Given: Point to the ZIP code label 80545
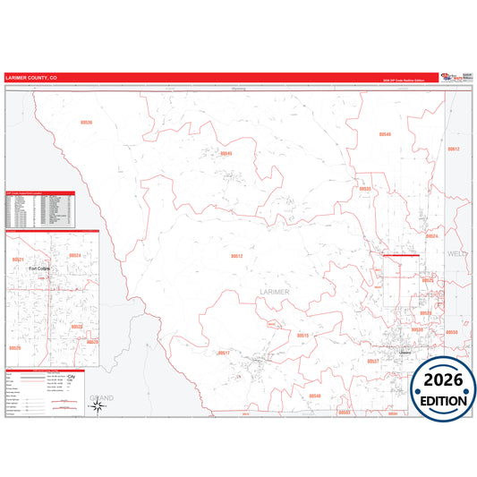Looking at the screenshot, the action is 226,153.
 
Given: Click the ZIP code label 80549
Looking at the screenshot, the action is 385,134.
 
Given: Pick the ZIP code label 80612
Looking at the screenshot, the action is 454,149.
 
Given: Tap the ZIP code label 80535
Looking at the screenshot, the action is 364,189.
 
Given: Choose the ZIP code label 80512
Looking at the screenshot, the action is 237,256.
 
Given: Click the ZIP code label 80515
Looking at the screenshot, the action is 302,335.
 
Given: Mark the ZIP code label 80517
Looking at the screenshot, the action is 224,353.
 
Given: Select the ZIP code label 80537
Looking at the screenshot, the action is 373,361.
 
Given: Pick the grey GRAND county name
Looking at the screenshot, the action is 101,396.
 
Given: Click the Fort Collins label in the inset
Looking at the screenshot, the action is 39,268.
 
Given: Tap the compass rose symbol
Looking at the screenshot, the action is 98,407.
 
